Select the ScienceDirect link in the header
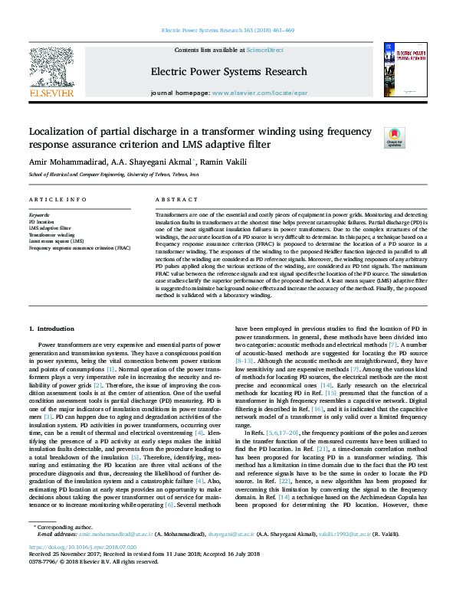click(x=264, y=50)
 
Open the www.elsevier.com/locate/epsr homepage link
click(x=259, y=92)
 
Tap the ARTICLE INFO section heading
click(x=57, y=199)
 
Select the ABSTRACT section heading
click(x=171, y=199)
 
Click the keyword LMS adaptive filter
click(x=51, y=228)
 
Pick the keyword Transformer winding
click(x=51, y=235)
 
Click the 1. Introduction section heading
click(x=51, y=329)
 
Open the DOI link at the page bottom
click(x=83, y=569)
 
